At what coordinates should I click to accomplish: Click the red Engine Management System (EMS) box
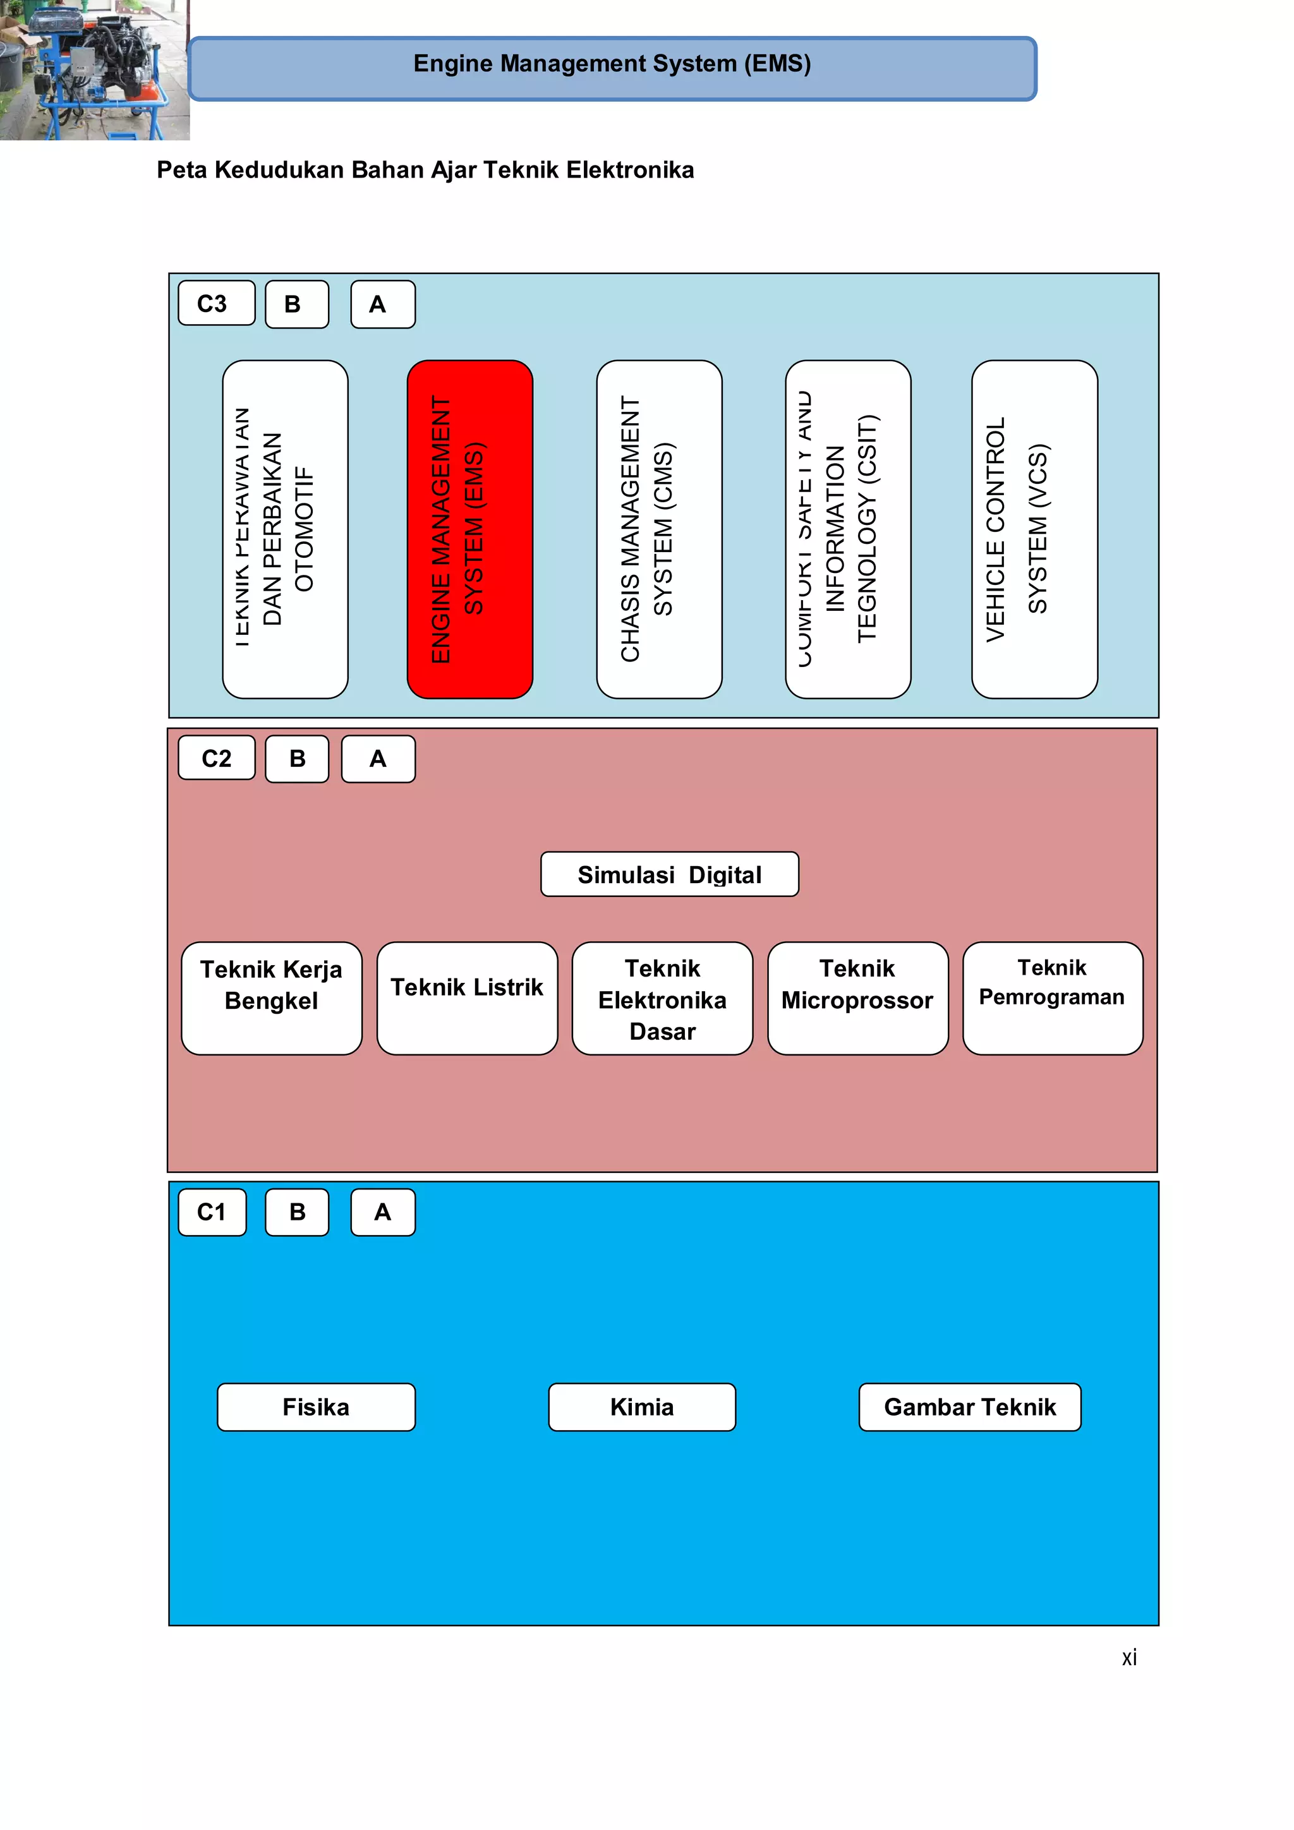click(469, 529)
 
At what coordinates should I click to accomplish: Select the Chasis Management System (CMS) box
click(660, 529)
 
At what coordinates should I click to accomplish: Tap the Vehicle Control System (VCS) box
click(1034, 529)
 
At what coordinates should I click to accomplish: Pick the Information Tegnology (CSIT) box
click(847, 529)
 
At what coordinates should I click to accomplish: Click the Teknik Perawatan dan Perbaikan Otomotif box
click(284, 529)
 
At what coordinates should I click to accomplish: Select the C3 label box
click(216, 303)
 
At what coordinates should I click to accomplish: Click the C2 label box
click(216, 758)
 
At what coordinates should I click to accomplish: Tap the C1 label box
click(212, 1212)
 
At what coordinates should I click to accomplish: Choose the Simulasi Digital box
click(669, 874)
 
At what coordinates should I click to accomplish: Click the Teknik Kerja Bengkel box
click(271, 998)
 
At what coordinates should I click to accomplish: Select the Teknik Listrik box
click(466, 998)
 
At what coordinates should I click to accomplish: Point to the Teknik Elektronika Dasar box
click(662, 998)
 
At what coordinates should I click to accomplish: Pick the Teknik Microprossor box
click(857, 998)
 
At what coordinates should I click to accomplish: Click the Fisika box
click(316, 1407)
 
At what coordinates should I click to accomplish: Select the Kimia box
click(642, 1407)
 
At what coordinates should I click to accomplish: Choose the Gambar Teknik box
click(969, 1407)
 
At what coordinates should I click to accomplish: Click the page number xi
click(1128, 1658)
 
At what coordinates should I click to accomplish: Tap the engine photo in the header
click(94, 70)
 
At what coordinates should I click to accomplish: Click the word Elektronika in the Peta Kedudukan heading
click(630, 170)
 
